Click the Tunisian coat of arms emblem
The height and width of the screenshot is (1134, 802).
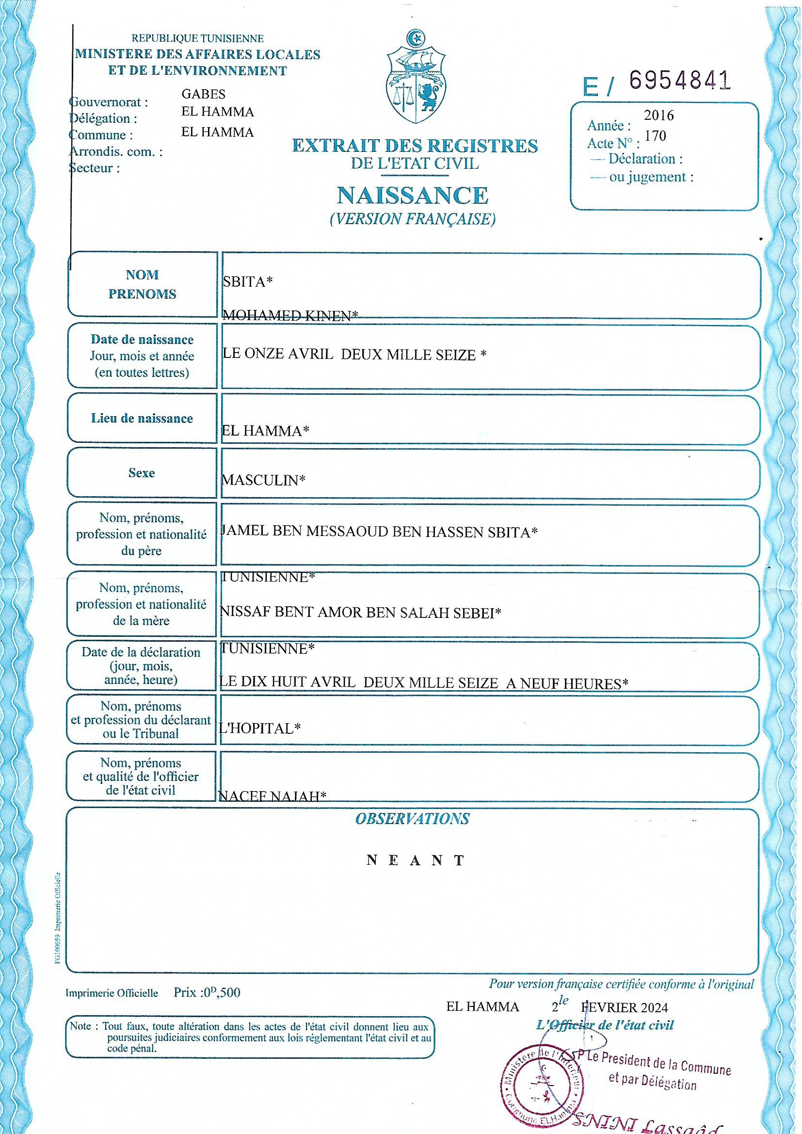[415, 79]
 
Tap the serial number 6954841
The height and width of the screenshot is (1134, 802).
[679, 80]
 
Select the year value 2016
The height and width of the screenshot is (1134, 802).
[659, 115]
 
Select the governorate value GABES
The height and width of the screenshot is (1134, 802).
[204, 94]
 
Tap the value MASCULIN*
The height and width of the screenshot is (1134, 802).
[263, 480]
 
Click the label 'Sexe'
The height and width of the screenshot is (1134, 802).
[142, 473]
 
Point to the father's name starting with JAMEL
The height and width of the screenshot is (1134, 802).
[379, 532]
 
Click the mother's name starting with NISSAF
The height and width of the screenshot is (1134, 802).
[360, 613]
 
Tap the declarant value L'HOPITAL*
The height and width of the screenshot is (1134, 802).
[260, 729]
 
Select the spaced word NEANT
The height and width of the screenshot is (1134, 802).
[416, 860]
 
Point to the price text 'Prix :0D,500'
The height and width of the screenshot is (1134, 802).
[207, 992]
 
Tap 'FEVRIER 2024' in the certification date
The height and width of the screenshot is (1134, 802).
[625, 1007]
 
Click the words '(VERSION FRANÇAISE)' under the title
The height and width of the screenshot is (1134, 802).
[413, 219]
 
